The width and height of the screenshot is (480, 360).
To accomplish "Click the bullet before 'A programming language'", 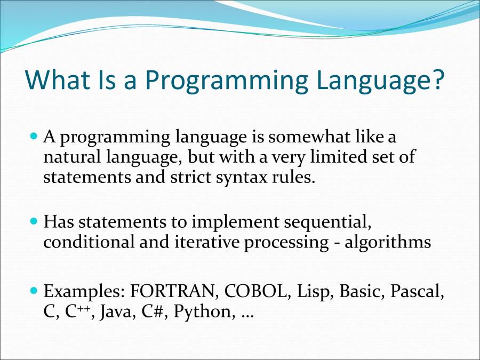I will (x=34, y=137).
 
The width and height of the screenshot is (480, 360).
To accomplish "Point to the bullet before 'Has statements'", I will (x=34, y=220).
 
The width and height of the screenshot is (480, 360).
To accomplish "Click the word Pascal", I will (x=417, y=292).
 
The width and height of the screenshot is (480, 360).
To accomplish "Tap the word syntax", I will (x=242, y=178).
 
